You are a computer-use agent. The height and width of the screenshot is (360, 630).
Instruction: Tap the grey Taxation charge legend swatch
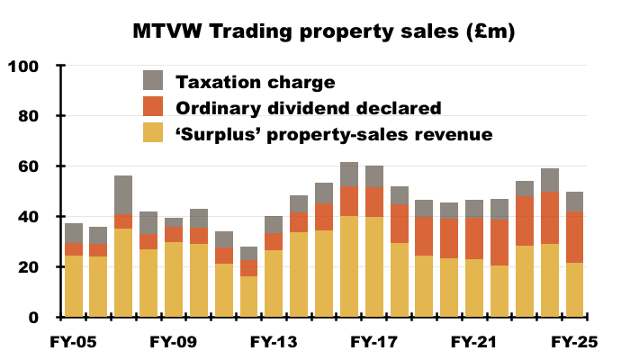click(x=154, y=81)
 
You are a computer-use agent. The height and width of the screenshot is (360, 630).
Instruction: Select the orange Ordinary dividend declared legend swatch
click(x=154, y=107)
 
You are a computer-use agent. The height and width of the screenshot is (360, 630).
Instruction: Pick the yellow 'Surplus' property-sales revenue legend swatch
click(x=154, y=133)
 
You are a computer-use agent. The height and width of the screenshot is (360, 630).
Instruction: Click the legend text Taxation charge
click(x=255, y=82)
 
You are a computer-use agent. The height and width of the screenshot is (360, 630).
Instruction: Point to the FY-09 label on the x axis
click(x=174, y=343)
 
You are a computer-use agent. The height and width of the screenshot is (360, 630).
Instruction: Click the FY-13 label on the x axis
click(x=274, y=343)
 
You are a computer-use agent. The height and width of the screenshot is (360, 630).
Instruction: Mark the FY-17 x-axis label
click(x=373, y=343)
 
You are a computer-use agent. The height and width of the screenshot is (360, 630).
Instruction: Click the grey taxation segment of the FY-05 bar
click(x=75, y=233)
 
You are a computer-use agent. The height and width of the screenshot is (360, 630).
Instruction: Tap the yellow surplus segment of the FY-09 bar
click(x=174, y=280)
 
